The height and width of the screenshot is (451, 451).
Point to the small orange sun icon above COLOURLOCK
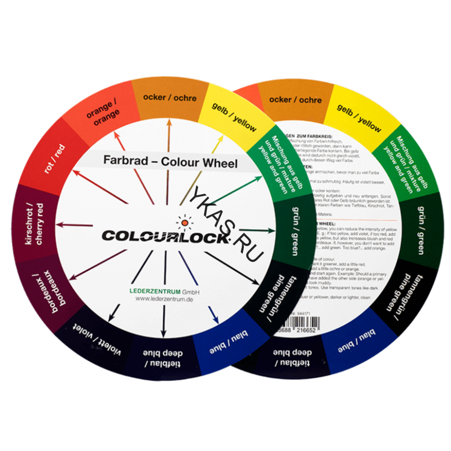pos(183,222)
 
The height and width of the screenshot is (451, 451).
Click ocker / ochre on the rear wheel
pos(303,99)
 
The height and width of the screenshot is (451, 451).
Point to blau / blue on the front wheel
pos(227,346)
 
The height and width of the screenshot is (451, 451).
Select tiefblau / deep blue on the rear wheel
pos(285,356)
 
